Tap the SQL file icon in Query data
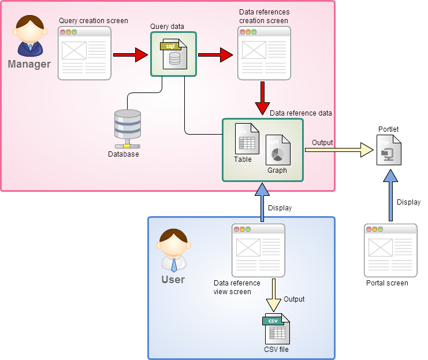coord(173,54)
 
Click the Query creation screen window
coord(84,53)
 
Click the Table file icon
coord(247,139)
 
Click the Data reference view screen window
coord(258,250)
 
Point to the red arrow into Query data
coord(131,55)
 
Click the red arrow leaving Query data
coord(215,55)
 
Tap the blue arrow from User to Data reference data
coord(262,203)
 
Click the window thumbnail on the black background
coord(390,250)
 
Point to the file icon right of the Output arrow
coord(389,150)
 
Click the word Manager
coord(29,64)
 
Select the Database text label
coord(124,154)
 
